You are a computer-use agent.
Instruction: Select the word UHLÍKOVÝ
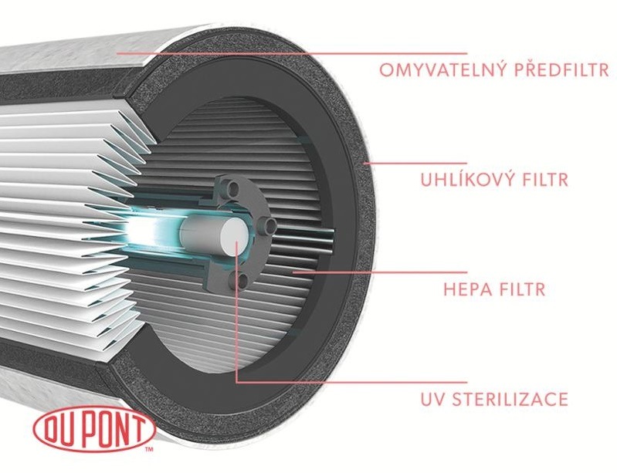463,179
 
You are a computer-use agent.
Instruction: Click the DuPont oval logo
94,430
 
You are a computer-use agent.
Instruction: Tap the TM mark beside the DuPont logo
149,449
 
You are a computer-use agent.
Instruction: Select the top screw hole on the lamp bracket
234,188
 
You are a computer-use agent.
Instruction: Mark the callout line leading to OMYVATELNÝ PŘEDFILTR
292,53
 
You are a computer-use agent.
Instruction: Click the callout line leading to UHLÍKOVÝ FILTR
415,163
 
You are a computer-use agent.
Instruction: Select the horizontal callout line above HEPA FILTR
380,272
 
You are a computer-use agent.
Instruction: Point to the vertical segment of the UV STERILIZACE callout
236,311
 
